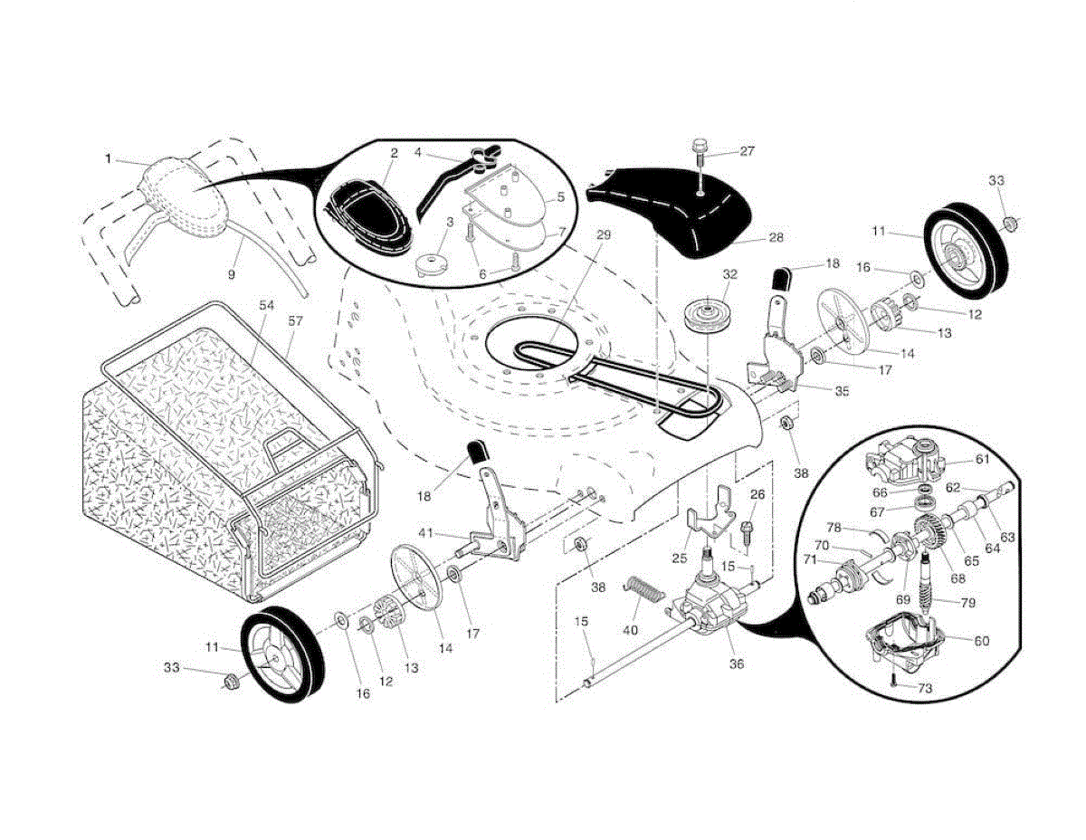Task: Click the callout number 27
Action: click(747, 151)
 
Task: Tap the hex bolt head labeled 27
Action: click(700, 146)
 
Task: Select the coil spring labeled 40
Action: click(644, 597)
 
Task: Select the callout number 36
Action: click(737, 663)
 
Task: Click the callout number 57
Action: click(295, 321)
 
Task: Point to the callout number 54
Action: click(265, 306)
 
